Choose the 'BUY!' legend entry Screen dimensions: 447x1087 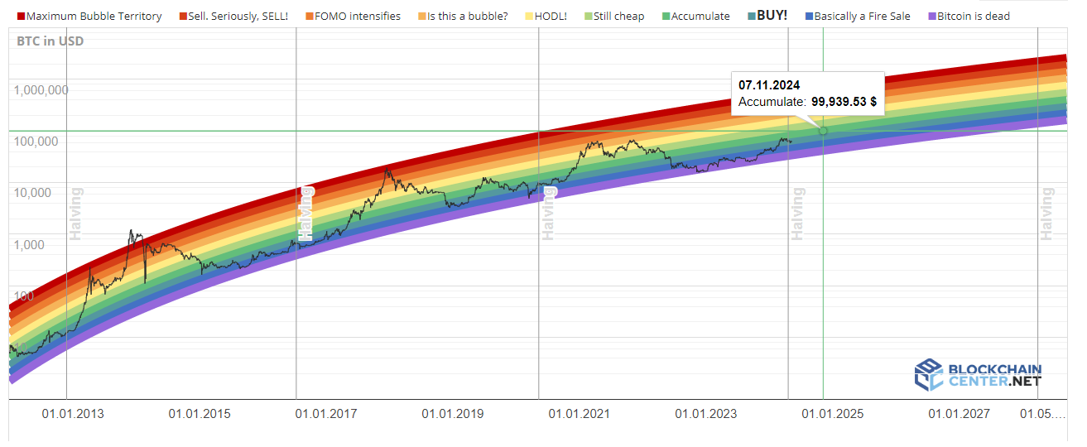(x=772, y=15)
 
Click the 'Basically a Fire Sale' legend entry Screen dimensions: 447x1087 (x=862, y=16)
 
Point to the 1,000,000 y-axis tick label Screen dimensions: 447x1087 (x=41, y=90)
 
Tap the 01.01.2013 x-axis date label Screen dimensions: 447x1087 (x=73, y=414)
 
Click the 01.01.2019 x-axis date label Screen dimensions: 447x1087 (x=452, y=414)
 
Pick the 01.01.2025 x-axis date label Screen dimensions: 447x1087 (x=832, y=414)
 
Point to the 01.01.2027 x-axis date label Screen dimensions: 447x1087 (x=959, y=414)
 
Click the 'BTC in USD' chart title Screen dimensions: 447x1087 (x=50, y=41)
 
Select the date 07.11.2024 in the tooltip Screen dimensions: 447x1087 (x=769, y=85)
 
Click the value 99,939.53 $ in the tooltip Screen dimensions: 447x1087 (x=844, y=102)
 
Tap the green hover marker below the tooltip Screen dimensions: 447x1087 (x=823, y=131)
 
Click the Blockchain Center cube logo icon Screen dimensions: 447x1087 (x=928, y=374)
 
